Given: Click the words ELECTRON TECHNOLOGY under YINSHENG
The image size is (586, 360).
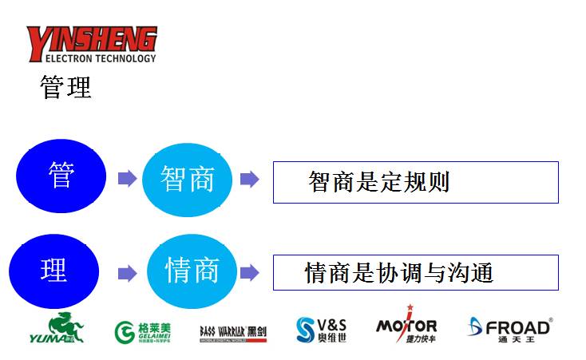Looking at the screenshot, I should [x=91, y=57].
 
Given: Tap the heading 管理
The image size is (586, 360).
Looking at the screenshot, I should [x=65, y=87].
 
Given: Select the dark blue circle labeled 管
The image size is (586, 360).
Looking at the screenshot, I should [x=61, y=176].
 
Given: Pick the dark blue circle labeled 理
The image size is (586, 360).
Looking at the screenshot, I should [x=53, y=271].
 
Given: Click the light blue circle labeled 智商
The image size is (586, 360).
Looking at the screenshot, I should [x=188, y=179].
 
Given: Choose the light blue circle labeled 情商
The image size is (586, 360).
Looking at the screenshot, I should [x=192, y=271].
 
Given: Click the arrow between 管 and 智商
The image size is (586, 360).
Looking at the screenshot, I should [x=127, y=179].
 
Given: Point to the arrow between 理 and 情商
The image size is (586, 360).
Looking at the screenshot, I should [x=127, y=274].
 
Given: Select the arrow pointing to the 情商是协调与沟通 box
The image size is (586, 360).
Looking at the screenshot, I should [x=249, y=273].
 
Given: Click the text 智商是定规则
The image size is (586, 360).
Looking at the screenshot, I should [x=378, y=182].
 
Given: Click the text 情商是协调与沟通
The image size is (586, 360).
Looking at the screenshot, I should [x=399, y=274].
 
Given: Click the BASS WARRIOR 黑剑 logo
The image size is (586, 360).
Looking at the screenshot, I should [x=233, y=332].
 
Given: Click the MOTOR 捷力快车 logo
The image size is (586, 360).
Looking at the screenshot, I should [x=406, y=326].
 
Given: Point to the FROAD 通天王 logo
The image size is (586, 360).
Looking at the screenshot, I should [x=509, y=328].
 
